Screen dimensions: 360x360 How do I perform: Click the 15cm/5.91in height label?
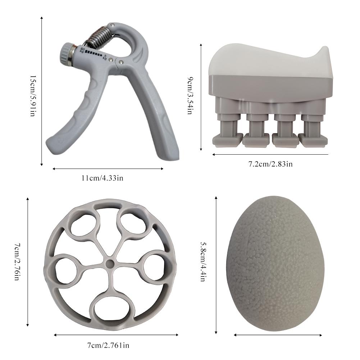32,96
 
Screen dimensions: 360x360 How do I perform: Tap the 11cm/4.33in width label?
102,178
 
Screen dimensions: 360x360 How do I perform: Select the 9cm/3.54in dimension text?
190,96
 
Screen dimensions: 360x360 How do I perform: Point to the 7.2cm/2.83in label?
271,164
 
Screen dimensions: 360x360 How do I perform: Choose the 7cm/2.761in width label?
108,345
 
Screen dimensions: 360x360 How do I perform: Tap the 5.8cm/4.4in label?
202,261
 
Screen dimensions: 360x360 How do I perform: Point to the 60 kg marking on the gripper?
82,50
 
